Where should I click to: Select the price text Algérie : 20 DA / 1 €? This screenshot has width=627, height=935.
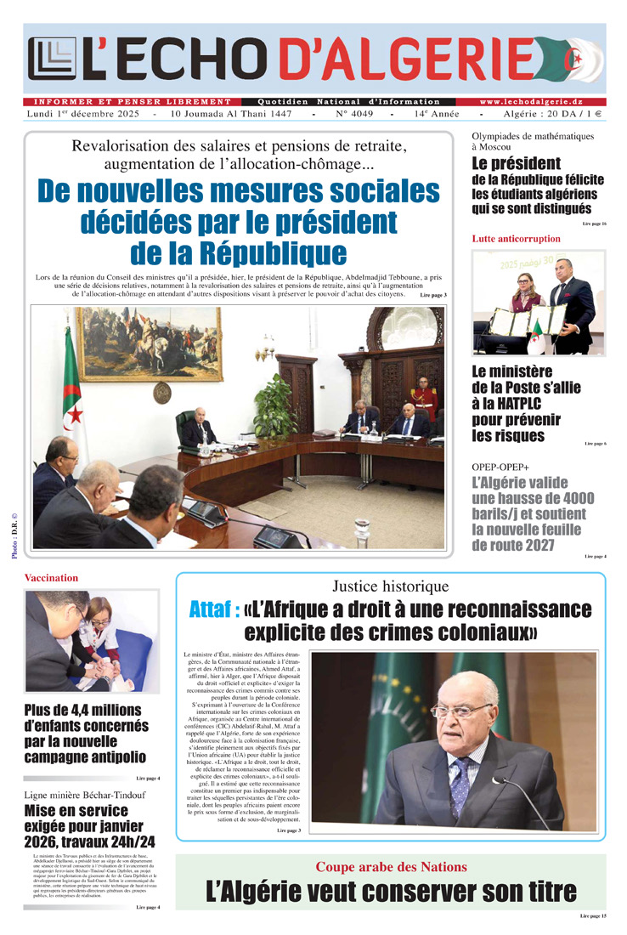[x=551, y=114]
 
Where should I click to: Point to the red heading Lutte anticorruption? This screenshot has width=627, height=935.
[x=516, y=239]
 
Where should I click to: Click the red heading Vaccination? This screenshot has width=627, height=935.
[x=51, y=578]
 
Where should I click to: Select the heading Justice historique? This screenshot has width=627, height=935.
[x=390, y=586]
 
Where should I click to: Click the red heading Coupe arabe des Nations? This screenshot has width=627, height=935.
[x=391, y=867]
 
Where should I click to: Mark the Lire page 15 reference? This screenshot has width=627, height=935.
[x=593, y=916]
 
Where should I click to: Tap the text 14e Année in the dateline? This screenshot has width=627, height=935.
[x=437, y=114]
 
